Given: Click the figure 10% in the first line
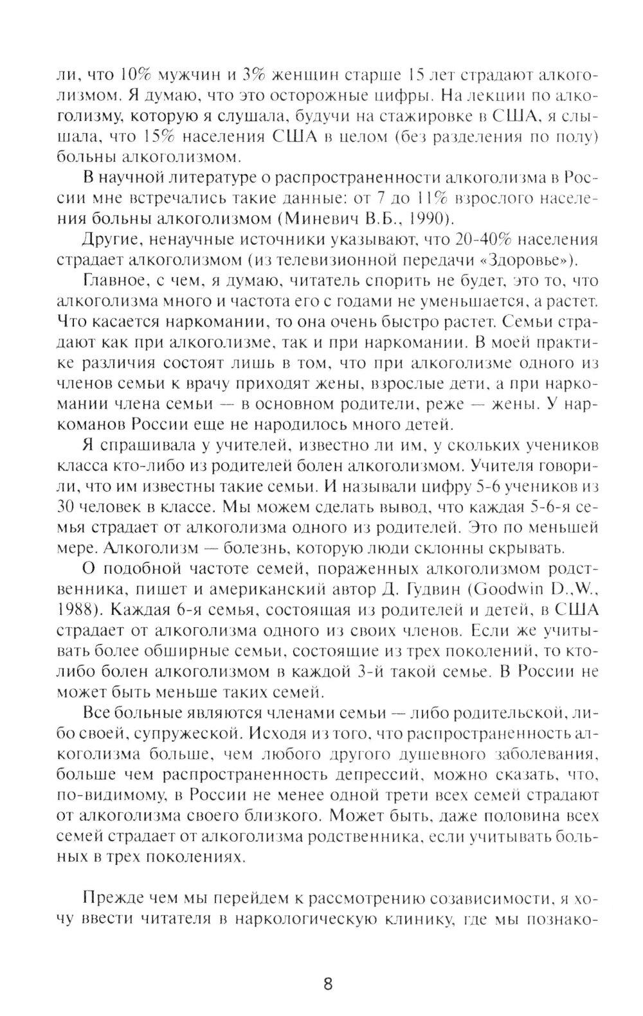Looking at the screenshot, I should [x=122, y=75].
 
